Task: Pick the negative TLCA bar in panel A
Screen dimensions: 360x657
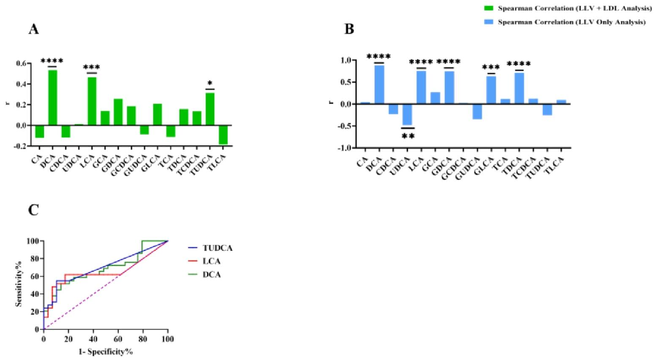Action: [223, 134]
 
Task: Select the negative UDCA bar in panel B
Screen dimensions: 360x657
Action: [407, 114]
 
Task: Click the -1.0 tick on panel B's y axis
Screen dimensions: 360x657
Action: [344, 148]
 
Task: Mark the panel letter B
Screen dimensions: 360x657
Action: [350, 29]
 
